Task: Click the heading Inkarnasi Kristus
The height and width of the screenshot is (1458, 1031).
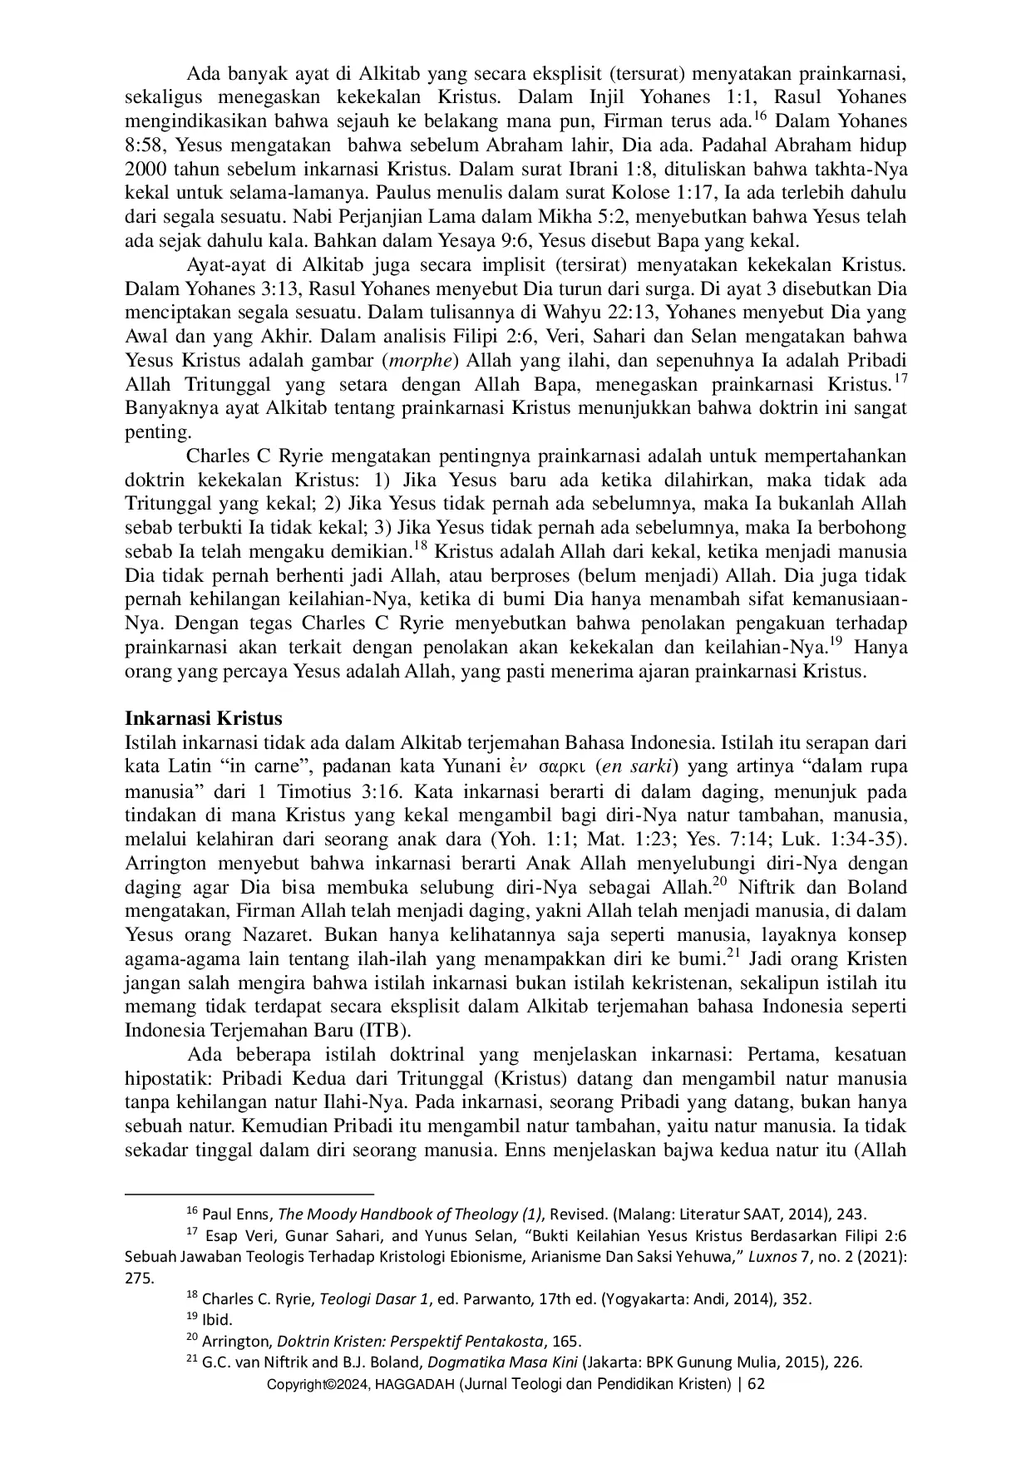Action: coord(204,718)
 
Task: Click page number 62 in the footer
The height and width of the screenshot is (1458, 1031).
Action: coord(756,1384)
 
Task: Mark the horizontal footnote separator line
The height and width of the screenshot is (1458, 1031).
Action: coord(249,1192)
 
